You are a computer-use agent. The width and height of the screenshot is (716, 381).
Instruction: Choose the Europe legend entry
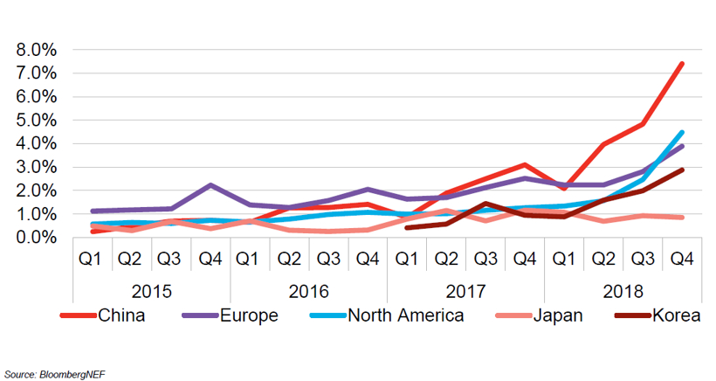(x=248, y=315)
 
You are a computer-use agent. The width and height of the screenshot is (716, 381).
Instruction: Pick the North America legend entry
(x=405, y=315)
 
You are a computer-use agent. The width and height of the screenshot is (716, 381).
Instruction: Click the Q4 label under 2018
(x=681, y=259)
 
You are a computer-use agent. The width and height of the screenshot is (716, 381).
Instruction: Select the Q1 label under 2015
(x=93, y=259)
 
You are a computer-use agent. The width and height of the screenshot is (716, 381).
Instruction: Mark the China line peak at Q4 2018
(x=682, y=64)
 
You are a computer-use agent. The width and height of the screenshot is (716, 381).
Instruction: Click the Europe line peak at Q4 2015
(x=210, y=185)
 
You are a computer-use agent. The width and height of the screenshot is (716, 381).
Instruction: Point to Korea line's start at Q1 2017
(x=407, y=227)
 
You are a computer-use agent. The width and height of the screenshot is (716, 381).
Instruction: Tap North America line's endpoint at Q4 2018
(x=682, y=132)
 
